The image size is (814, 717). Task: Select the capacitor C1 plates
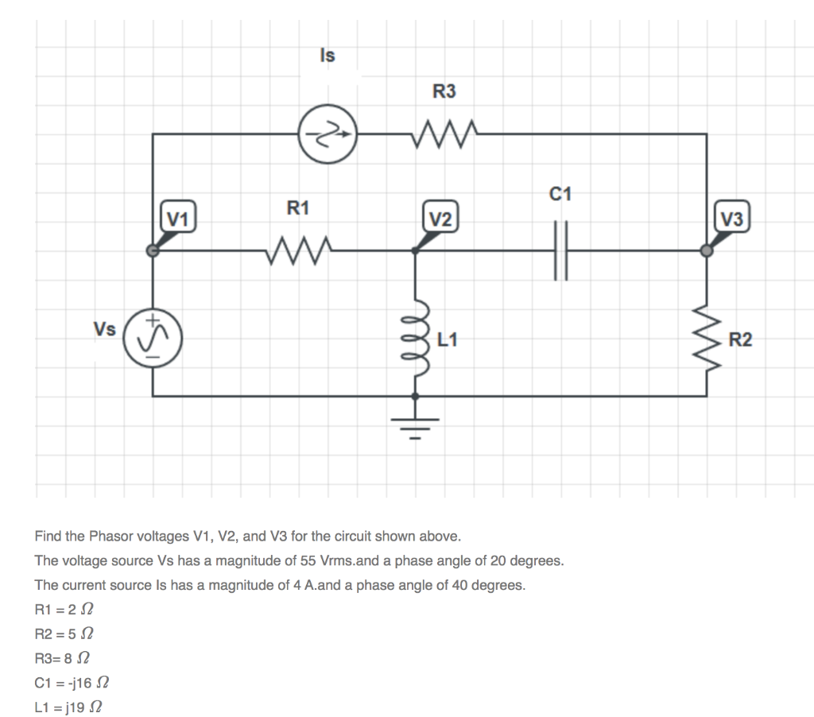tap(560, 250)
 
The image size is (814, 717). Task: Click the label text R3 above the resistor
tap(444, 91)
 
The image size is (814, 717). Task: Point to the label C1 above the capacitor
tap(560, 193)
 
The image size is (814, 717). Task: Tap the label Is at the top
tap(327, 56)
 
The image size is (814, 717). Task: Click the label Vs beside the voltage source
tap(104, 329)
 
